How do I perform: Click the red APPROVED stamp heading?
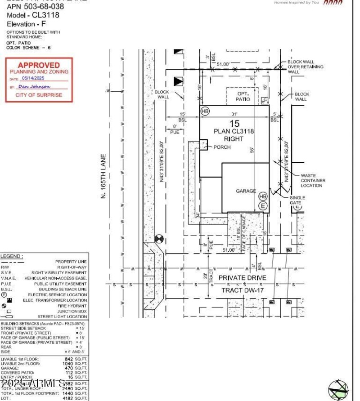tap(39, 65)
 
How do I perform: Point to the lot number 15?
tap(234, 124)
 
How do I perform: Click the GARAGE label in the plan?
tap(246, 191)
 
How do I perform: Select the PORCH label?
tap(222, 147)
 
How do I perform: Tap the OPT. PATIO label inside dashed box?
tap(243, 96)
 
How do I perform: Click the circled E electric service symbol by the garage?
tap(263, 206)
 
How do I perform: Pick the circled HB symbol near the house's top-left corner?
tap(205, 111)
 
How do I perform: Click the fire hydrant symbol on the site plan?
tap(158, 239)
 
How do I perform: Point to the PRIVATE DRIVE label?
tap(242, 278)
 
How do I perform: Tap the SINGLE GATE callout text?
tap(310, 200)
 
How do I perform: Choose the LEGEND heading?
tap(11, 256)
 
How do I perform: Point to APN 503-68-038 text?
tap(35, 7)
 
